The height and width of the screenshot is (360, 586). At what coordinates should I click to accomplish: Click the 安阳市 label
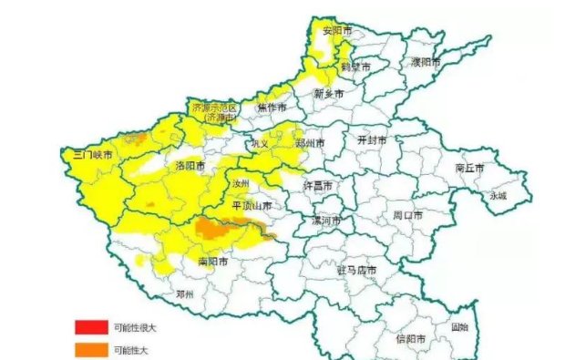(x=336, y=31)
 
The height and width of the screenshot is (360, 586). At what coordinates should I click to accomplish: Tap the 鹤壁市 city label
(x=355, y=67)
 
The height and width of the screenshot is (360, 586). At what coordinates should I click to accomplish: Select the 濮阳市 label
(x=425, y=63)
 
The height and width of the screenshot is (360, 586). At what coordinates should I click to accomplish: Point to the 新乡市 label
(x=328, y=94)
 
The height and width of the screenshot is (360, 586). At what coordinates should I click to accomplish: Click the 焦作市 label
(x=273, y=108)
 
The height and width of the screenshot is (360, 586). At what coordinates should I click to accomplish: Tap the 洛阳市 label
(x=189, y=166)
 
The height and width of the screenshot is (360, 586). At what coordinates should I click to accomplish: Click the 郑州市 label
(x=312, y=144)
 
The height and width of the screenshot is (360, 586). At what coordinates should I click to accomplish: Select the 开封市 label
(x=372, y=141)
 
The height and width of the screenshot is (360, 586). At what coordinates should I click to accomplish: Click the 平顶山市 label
(x=252, y=206)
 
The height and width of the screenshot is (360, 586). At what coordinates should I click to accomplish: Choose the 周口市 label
(x=406, y=216)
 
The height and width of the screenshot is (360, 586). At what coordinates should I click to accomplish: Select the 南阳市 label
(x=213, y=262)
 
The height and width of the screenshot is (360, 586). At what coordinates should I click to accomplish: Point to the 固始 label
(x=459, y=326)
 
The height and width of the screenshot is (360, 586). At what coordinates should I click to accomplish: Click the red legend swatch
(x=90, y=325)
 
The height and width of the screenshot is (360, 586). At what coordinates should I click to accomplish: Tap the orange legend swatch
(x=90, y=348)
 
